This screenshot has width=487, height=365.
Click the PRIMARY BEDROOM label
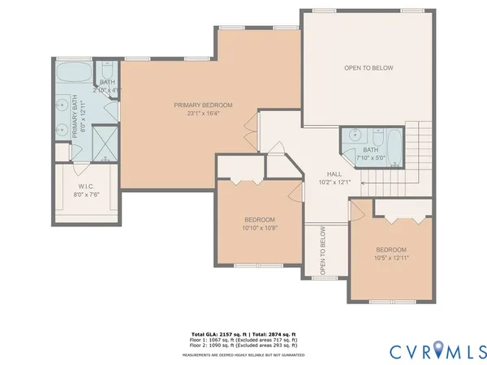[204, 105]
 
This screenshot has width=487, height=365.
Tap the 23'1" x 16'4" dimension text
[204, 114]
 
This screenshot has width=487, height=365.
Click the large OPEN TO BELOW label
[368, 68]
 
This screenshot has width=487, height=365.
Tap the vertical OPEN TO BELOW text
[323, 251]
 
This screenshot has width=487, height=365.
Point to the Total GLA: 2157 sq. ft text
[218, 334]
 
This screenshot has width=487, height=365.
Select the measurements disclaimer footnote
[243, 354]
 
